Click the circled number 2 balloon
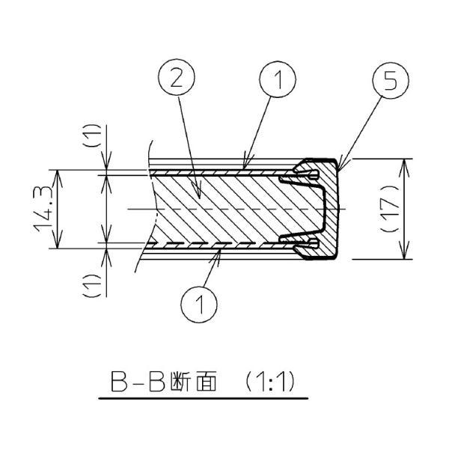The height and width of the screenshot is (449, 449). click(177, 77)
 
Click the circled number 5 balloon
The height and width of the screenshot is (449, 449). click(391, 81)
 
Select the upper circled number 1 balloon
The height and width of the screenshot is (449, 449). click(278, 79)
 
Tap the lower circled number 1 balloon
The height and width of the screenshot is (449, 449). click(199, 304)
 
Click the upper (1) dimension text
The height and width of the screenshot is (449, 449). click(93, 135)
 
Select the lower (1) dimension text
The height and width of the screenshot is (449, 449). click(93, 286)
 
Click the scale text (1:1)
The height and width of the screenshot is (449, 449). click(269, 381)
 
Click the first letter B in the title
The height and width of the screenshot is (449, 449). click(119, 382)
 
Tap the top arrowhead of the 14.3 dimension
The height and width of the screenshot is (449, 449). click(58, 177)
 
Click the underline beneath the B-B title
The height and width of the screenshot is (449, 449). click(204, 398)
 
